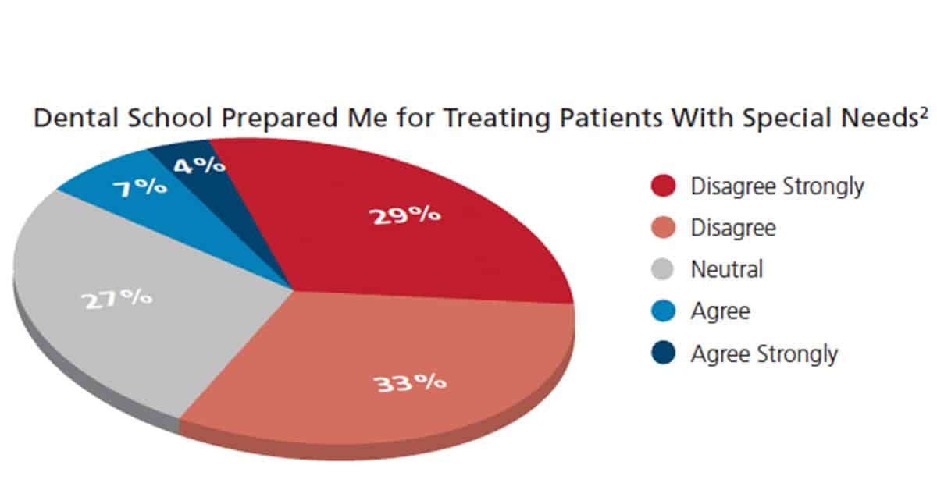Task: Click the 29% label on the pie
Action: pos(404,215)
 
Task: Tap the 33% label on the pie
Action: pos(409,382)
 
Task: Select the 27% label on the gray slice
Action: pos(116,299)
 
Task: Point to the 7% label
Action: pos(140,187)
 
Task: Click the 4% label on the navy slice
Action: pos(200,165)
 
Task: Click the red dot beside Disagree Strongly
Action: pos(664,185)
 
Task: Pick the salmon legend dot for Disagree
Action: pos(664,227)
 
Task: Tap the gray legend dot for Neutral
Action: pos(663,269)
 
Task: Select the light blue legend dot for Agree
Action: pos(664,311)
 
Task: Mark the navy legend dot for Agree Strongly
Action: pos(664,353)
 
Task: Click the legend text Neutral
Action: pos(727,269)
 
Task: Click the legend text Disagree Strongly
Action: pos(777,187)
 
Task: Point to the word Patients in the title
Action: pos(611,118)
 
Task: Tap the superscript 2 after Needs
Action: pos(924,112)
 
